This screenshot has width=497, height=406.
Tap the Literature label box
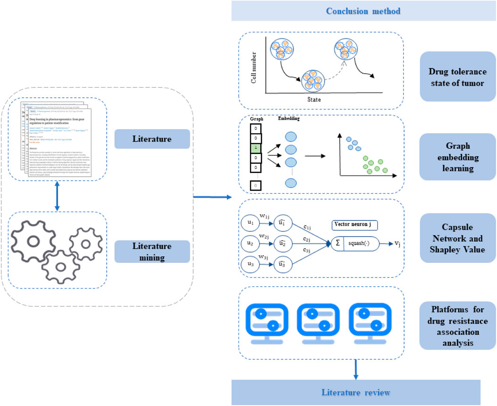[152, 139]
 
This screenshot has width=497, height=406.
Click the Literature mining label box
[152, 251]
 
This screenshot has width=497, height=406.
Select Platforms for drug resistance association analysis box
[456, 325]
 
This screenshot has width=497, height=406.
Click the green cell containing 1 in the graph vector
[256, 148]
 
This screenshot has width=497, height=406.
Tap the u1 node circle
[250, 222]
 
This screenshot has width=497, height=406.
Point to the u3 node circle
[250, 263]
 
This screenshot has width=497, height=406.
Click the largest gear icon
[33, 242]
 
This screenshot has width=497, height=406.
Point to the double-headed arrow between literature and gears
[57, 196]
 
